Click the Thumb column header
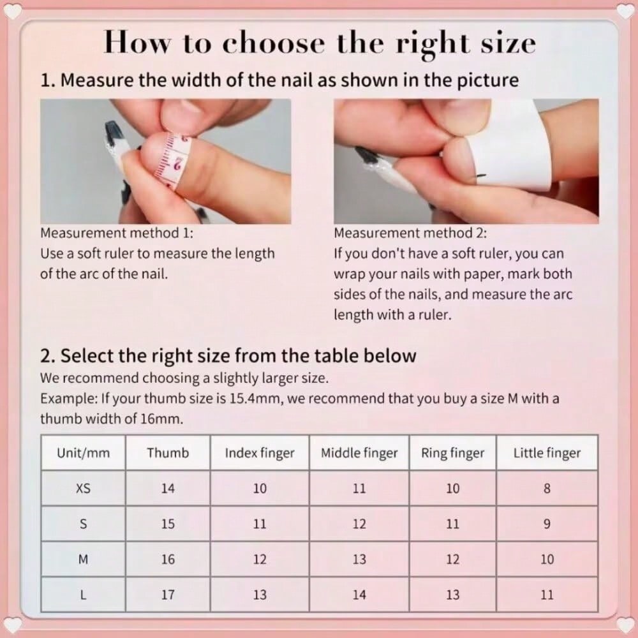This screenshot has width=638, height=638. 168,453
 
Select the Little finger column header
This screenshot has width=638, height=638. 547,453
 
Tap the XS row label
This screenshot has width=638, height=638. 83,489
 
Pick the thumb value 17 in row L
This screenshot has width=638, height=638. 168,595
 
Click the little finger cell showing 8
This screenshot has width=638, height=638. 547,489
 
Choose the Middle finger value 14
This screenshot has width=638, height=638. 359,595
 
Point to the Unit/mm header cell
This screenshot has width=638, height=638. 83,453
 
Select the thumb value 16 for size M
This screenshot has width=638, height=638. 168,560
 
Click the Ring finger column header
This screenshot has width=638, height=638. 452,453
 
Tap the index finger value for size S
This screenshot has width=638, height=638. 260,524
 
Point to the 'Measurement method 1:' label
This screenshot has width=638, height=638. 116,233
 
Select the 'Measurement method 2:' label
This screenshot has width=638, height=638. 410,233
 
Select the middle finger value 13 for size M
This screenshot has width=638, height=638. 359,560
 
